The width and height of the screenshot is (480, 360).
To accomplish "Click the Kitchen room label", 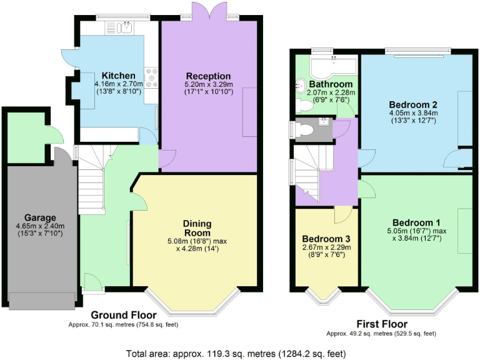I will tap(119, 76).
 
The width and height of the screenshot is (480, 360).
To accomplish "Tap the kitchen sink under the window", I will tap(127, 26).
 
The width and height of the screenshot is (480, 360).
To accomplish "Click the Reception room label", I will tap(208, 76).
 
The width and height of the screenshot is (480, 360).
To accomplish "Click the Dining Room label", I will tap(197, 227).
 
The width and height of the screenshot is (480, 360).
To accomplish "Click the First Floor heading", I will tap(381, 324).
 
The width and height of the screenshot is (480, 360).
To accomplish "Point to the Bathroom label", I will tap(331, 84).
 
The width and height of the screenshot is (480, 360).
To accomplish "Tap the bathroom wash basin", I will tap(301, 86).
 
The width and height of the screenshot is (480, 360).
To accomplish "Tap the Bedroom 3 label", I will tap(326, 239).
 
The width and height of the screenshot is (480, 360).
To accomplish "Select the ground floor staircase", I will tap(91, 181).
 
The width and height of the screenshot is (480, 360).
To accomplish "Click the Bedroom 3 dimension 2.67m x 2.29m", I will tap(326, 247).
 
